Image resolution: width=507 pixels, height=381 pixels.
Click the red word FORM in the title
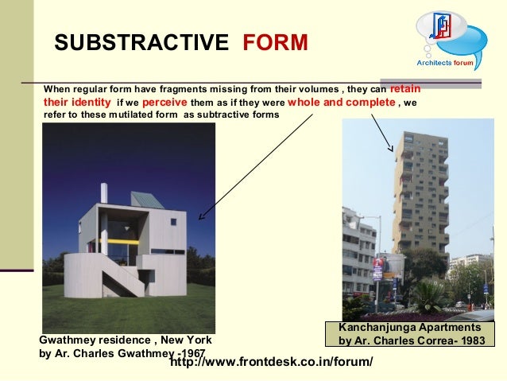[x=275, y=42]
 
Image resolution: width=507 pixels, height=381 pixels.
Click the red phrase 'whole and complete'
[x=341, y=102]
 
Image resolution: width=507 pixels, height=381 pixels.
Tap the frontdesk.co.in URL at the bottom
[x=272, y=363]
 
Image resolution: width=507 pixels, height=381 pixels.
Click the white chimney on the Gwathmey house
[x=104, y=194]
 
